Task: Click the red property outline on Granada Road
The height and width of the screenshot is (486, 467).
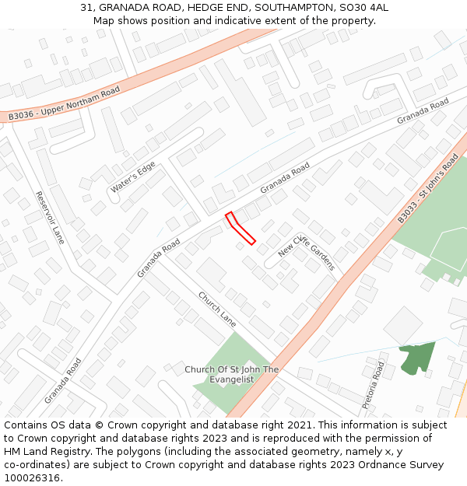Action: pos(240,228)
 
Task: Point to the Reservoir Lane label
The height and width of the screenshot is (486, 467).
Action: pos(50,218)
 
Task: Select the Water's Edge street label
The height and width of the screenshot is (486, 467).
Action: pos(132,177)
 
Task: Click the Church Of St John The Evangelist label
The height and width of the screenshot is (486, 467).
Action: pos(231,374)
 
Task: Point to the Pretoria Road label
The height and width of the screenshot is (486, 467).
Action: pos(374,384)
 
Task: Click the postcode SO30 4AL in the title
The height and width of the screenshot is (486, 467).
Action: pos(367,8)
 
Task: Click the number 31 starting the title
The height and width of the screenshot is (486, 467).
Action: pos(86,8)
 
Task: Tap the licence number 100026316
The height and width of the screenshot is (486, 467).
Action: pos(32,478)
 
